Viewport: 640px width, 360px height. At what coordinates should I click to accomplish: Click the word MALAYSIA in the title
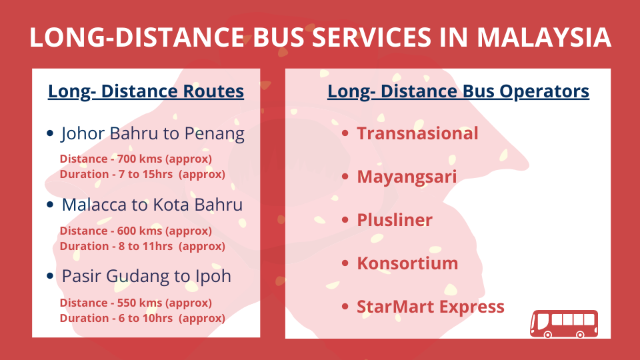(x=544, y=37)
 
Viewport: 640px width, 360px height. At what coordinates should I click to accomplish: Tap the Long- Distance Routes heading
(x=146, y=91)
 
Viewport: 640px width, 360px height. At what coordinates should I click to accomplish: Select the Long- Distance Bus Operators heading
(x=458, y=91)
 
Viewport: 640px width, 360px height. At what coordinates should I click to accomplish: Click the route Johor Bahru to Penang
(x=153, y=134)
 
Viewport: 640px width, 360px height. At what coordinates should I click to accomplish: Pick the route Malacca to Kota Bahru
(x=152, y=205)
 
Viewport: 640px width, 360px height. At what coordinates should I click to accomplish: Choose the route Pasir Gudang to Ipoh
(x=147, y=276)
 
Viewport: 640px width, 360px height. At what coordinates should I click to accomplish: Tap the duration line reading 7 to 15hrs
(x=143, y=174)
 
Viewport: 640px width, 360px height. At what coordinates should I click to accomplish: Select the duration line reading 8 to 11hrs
(x=143, y=246)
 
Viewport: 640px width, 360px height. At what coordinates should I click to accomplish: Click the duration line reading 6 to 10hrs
(x=143, y=318)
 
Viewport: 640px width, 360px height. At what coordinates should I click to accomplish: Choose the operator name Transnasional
(x=417, y=133)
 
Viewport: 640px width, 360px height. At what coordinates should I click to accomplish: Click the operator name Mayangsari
(x=407, y=177)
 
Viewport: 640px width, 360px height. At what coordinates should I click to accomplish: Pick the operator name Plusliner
(x=395, y=220)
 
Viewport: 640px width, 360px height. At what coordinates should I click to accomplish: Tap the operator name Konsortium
(x=407, y=263)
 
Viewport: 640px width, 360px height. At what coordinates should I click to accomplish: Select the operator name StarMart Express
(x=431, y=307)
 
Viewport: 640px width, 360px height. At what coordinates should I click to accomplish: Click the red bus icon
(x=564, y=324)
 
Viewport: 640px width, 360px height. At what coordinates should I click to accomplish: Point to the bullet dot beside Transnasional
(x=345, y=133)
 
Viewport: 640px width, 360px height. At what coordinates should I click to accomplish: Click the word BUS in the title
(x=279, y=37)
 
